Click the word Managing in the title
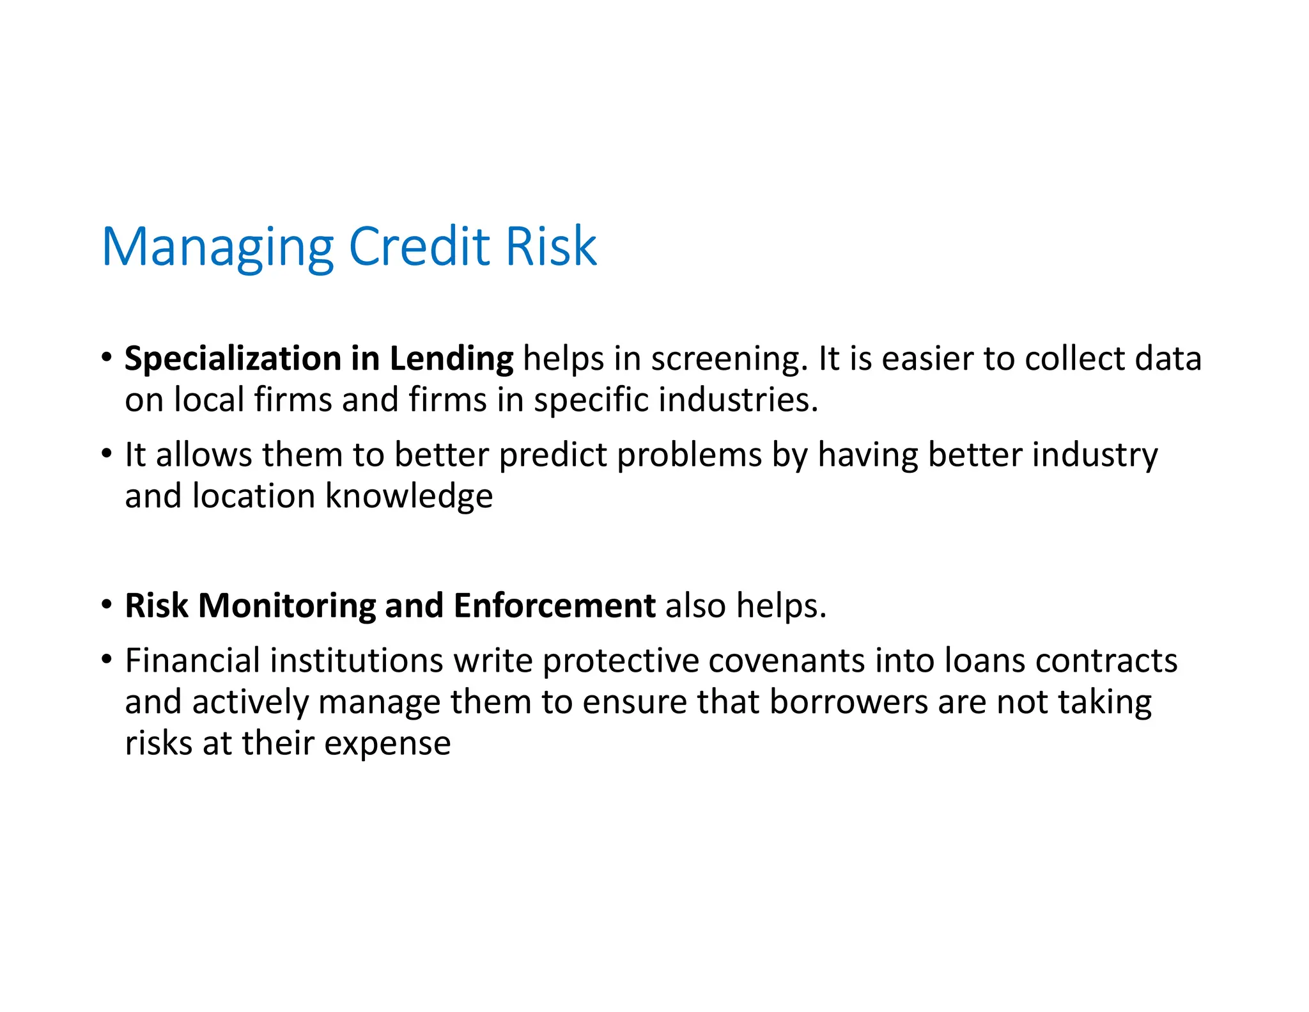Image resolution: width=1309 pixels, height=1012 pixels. coord(217,248)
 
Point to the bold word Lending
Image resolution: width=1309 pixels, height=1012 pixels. coord(451,359)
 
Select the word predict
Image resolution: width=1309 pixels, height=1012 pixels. coord(553,455)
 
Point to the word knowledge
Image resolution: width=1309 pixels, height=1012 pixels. coord(409,496)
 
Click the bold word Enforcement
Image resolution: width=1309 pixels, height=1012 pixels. coord(554,605)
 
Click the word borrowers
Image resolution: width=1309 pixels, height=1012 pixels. coord(848,702)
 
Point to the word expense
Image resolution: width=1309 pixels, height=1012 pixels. coord(387,743)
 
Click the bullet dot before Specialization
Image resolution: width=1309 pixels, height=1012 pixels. coord(107,356)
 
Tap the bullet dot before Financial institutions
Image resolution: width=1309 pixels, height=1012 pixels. coord(107,658)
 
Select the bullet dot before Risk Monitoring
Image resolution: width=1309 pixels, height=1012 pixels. coord(107,603)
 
